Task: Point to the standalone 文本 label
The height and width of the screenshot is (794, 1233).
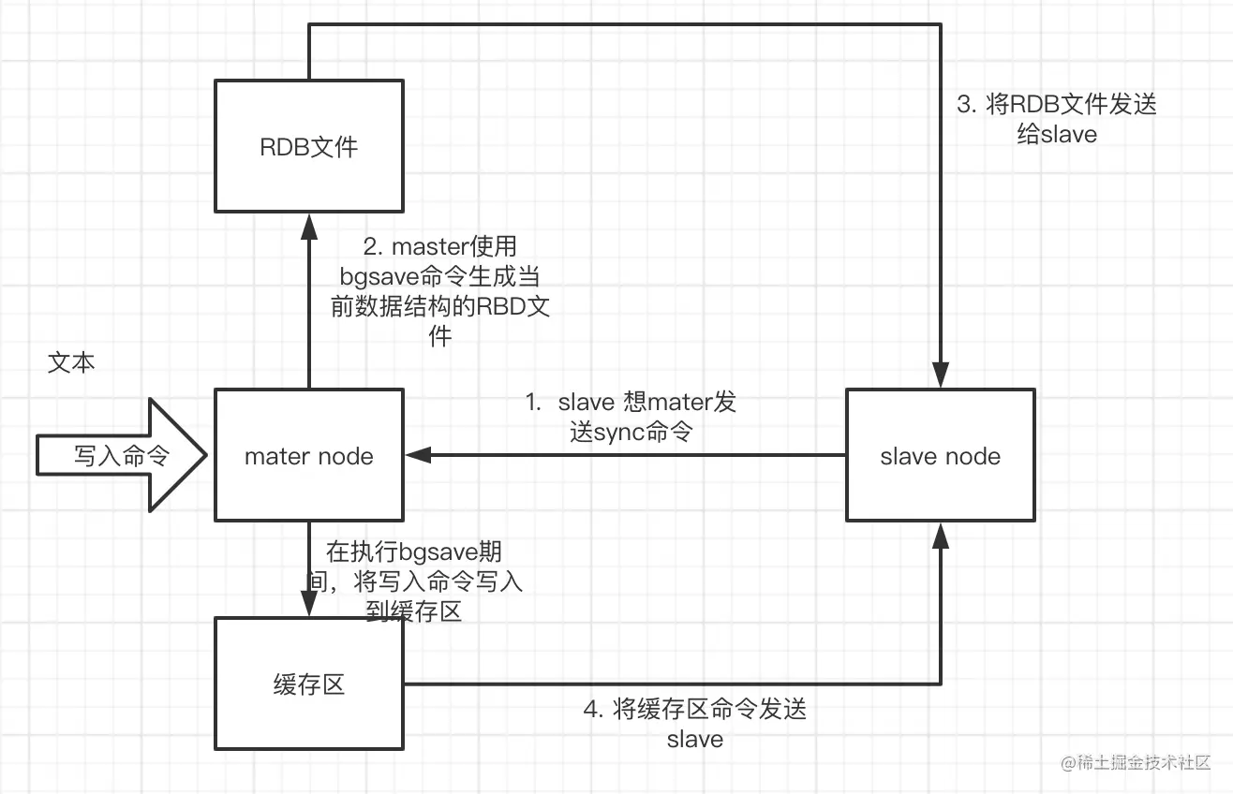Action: (71, 363)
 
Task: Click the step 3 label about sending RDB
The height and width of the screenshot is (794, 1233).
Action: (1056, 120)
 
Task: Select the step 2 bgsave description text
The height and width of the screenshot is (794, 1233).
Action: (439, 291)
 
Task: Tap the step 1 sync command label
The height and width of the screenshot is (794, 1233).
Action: (631, 417)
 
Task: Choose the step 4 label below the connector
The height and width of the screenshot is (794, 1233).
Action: (694, 724)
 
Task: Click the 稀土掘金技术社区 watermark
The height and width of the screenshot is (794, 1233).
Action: (1136, 763)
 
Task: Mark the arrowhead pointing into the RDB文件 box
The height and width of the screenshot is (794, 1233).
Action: (309, 227)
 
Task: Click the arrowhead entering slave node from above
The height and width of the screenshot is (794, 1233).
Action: (940, 375)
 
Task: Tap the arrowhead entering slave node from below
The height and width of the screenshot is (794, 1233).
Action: (940, 536)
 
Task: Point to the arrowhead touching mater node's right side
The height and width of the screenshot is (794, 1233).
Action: (418, 455)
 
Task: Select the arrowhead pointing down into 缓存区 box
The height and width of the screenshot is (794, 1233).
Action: (309, 604)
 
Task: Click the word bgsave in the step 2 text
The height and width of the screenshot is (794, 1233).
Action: (379, 277)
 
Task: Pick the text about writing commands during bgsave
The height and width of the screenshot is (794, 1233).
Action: (414, 581)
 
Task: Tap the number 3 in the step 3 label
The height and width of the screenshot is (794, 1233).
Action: (964, 105)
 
